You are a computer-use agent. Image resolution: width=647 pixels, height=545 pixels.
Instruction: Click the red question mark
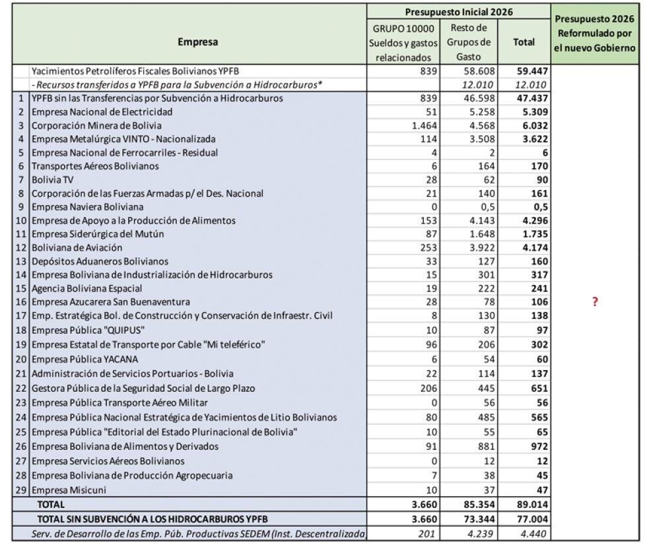tap(594, 302)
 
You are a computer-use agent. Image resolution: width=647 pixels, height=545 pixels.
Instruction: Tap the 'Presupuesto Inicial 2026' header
tap(458, 11)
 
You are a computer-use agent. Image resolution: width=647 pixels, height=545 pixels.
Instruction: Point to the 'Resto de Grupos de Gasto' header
tap(467, 42)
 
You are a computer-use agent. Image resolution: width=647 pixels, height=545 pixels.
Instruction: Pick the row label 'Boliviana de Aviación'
tap(77, 247)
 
